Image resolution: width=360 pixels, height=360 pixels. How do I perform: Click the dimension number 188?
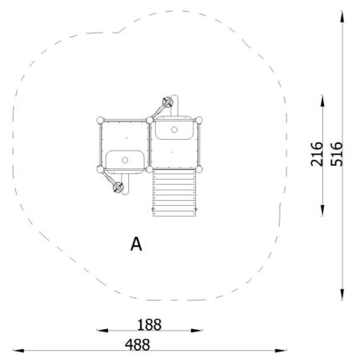point(149,325)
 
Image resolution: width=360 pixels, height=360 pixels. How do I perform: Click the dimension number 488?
point(137,345)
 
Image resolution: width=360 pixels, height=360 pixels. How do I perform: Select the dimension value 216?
point(316,154)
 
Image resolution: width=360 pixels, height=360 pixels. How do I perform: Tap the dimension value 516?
point(337,154)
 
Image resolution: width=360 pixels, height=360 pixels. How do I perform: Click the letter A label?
point(136,244)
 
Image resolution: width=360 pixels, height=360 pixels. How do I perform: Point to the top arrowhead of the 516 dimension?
point(342,16)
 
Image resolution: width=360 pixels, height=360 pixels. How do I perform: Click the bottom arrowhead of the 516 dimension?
point(342,295)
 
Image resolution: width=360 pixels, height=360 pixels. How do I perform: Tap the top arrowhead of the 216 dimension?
point(322,100)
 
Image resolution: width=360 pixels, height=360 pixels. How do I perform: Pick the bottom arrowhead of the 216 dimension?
point(322,211)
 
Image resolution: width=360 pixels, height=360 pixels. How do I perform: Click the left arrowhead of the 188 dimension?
point(102,331)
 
